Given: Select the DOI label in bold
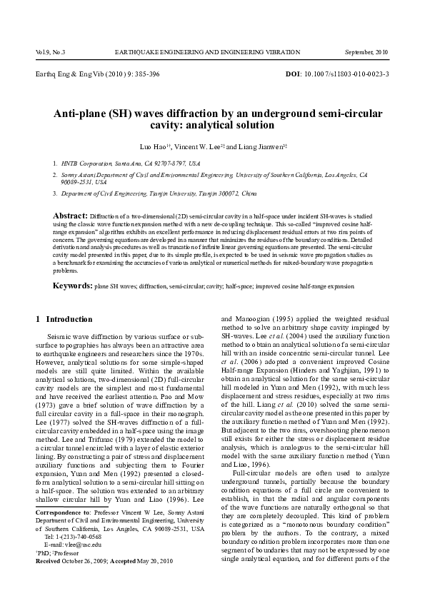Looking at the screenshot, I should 294,74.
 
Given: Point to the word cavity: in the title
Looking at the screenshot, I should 176,126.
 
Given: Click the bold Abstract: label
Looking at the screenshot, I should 70,214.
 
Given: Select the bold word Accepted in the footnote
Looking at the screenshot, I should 122,560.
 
